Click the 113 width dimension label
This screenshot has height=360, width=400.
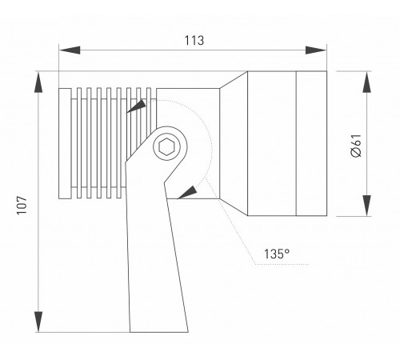(194, 41)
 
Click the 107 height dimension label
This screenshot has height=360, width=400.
(22, 206)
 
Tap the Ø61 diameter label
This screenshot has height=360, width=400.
(356, 146)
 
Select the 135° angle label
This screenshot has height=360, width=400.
(277, 254)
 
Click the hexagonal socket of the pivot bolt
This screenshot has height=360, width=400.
(166, 146)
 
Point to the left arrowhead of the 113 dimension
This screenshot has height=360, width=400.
(70, 50)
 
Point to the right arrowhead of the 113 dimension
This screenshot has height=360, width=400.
(316, 50)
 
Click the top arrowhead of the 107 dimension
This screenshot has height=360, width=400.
(38, 82)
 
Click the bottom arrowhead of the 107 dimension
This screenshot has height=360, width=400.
(38, 322)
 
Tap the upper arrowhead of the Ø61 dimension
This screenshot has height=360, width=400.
(367, 82)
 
